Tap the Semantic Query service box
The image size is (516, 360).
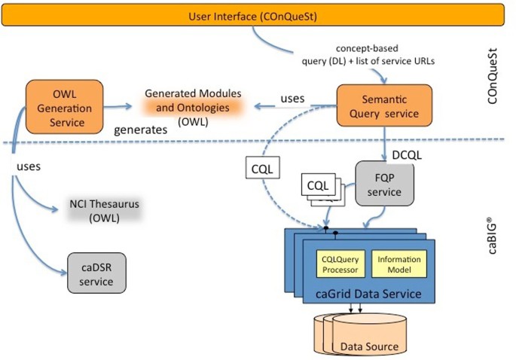point(383,106)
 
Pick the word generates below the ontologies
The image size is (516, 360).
point(139,130)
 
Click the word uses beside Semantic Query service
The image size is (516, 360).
point(292,99)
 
